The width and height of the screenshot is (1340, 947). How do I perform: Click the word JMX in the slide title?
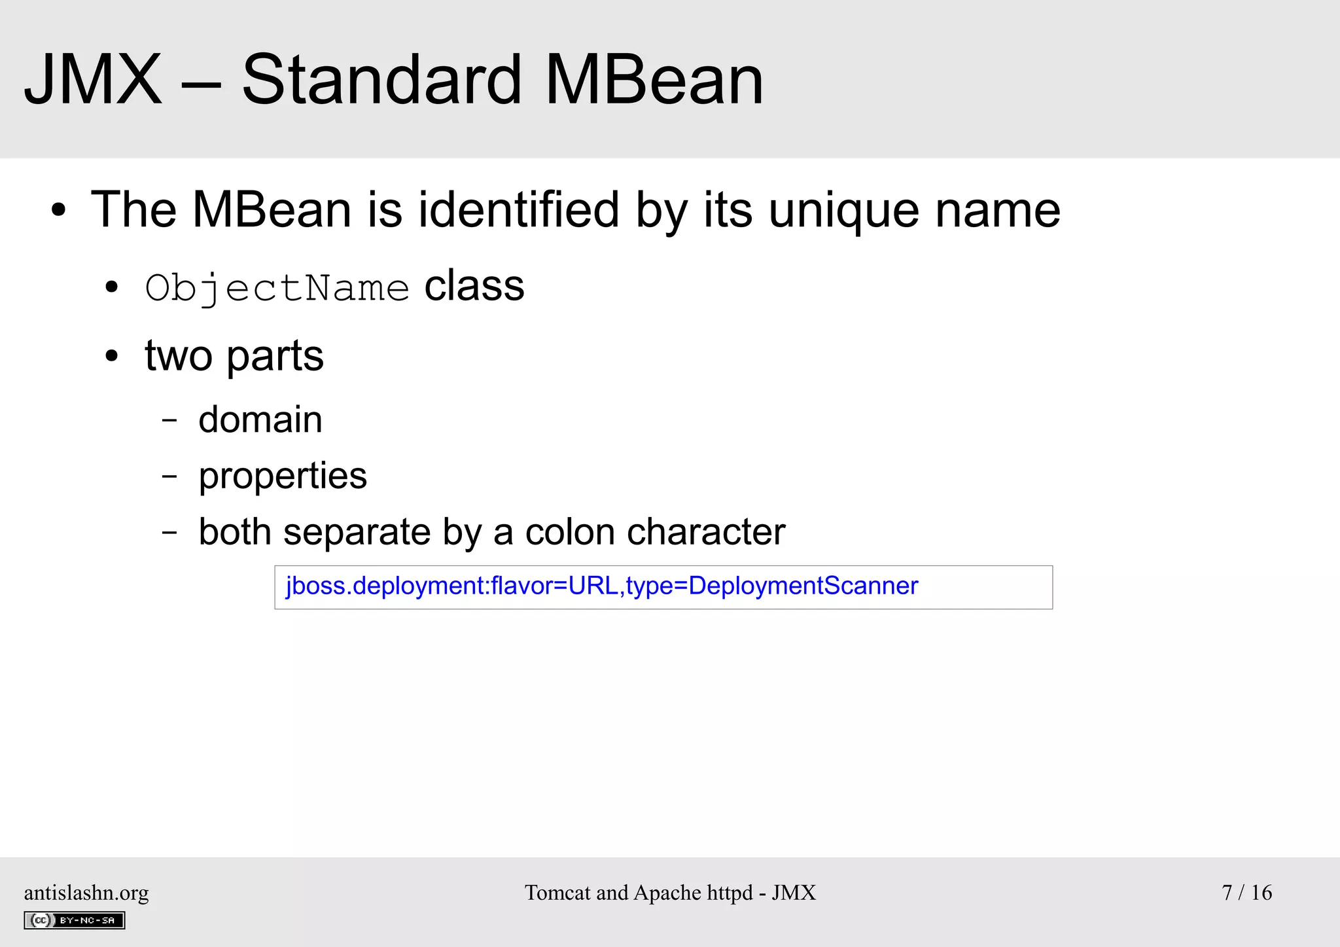[x=92, y=80]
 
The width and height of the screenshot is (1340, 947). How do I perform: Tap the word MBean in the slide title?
[x=654, y=80]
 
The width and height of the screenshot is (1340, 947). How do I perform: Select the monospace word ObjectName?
[x=277, y=288]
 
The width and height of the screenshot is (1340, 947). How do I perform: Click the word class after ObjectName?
[x=474, y=286]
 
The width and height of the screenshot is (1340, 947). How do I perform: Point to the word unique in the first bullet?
[x=843, y=211]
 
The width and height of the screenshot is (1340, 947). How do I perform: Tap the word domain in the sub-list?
[x=260, y=420]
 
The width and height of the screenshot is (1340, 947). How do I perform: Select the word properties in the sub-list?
[x=283, y=476]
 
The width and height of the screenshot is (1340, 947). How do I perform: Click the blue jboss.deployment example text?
[x=602, y=586]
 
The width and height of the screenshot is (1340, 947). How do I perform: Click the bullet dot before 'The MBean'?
[x=59, y=211]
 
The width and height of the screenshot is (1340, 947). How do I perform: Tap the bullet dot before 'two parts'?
[x=112, y=357]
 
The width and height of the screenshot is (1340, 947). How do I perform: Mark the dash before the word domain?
[x=169, y=420]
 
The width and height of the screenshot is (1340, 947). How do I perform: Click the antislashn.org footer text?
[x=86, y=893]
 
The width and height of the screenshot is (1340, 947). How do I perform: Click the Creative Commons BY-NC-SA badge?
[x=75, y=920]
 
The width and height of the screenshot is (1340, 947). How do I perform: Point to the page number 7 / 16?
[x=1246, y=893]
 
